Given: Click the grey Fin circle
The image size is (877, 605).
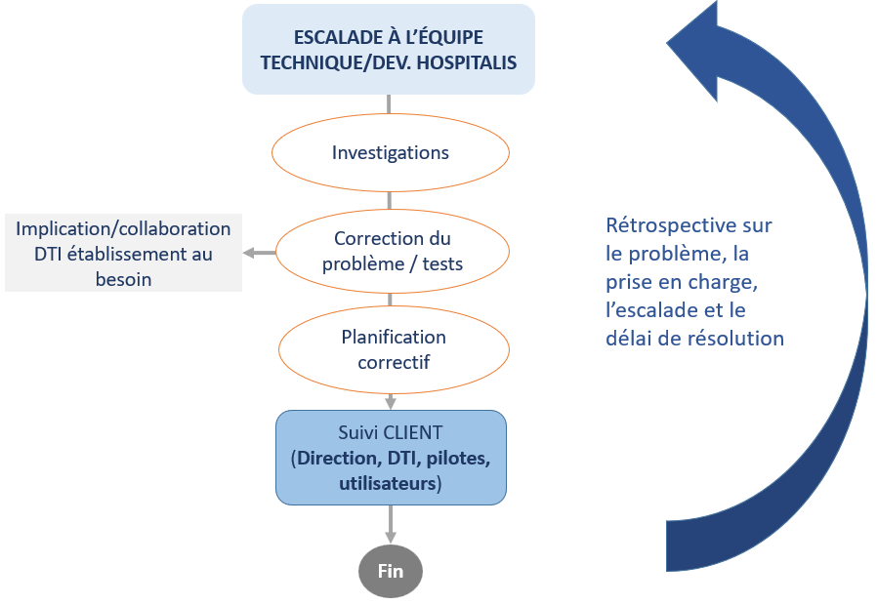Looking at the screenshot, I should [391, 570].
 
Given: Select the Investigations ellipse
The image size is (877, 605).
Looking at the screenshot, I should [391, 153].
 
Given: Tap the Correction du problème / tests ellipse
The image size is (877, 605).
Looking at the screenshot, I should [391, 252].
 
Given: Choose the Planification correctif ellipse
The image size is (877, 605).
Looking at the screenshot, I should [391, 349].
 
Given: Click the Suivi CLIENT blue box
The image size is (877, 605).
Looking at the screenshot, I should [391, 457].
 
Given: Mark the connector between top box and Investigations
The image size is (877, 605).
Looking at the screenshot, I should [391, 105].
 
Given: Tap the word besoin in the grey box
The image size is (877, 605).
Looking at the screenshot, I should [123, 279].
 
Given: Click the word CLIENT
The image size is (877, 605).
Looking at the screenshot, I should [413, 432].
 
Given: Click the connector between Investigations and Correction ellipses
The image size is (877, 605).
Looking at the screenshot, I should [391, 201].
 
